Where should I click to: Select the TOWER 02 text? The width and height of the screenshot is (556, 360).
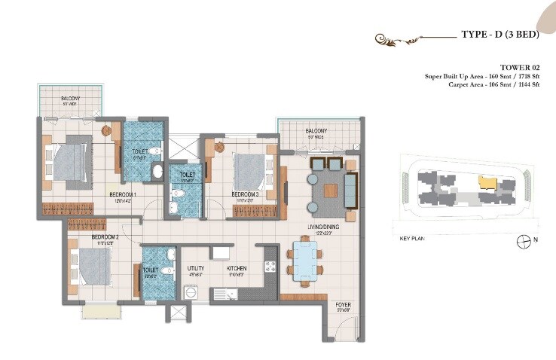[x=515, y=67]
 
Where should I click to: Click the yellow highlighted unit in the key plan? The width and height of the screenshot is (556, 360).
[x=488, y=182]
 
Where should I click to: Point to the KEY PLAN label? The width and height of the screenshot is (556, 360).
[x=413, y=238]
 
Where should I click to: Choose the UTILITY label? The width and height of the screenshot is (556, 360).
[x=196, y=267]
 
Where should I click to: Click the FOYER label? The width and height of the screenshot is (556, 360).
[x=344, y=305]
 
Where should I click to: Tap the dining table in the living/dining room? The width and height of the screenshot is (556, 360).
[x=305, y=259]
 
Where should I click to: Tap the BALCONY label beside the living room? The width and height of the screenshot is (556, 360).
[x=315, y=133]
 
